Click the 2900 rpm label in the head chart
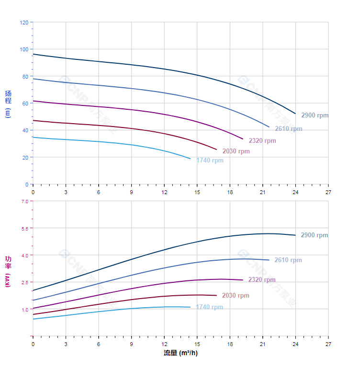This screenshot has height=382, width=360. tap(315, 116)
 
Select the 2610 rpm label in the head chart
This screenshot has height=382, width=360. tap(288, 129)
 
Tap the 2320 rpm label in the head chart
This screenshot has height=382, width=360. tap(262, 141)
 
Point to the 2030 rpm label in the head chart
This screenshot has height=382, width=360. tap(236, 151)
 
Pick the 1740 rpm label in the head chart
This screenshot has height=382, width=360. tap(210, 161)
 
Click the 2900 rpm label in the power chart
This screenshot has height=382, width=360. tap(314, 235)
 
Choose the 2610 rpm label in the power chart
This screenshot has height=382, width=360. tap(288, 260)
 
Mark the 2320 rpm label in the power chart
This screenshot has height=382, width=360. tap(262, 280)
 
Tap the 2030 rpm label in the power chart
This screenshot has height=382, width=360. tap(236, 296)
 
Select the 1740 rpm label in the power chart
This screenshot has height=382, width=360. tap(209, 307)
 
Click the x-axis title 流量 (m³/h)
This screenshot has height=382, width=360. tap(180, 353)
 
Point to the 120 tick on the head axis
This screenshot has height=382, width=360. tap(24, 23)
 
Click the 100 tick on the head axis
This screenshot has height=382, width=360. tap(24, 49)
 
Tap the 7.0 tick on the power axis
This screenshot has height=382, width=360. tap(25, 201)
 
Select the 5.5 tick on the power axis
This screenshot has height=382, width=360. tap(25, 229)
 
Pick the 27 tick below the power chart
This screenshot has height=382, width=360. tap(328, 344)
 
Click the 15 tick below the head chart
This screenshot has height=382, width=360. tap(197, 192)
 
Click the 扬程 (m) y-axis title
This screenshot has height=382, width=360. tap(8, 104)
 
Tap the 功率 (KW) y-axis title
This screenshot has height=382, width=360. tap(8, 271)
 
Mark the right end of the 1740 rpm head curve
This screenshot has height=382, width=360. tap(190, 159)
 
